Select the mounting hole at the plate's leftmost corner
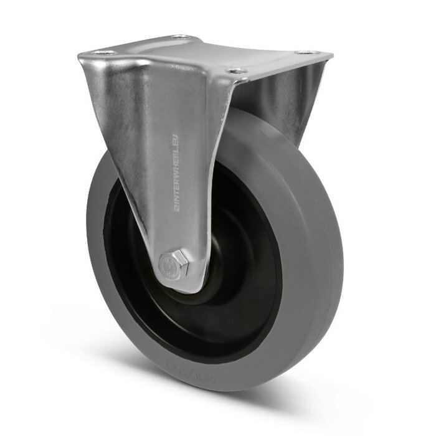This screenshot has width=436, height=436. [104, 52]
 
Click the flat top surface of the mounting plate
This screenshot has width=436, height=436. [206, 53]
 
